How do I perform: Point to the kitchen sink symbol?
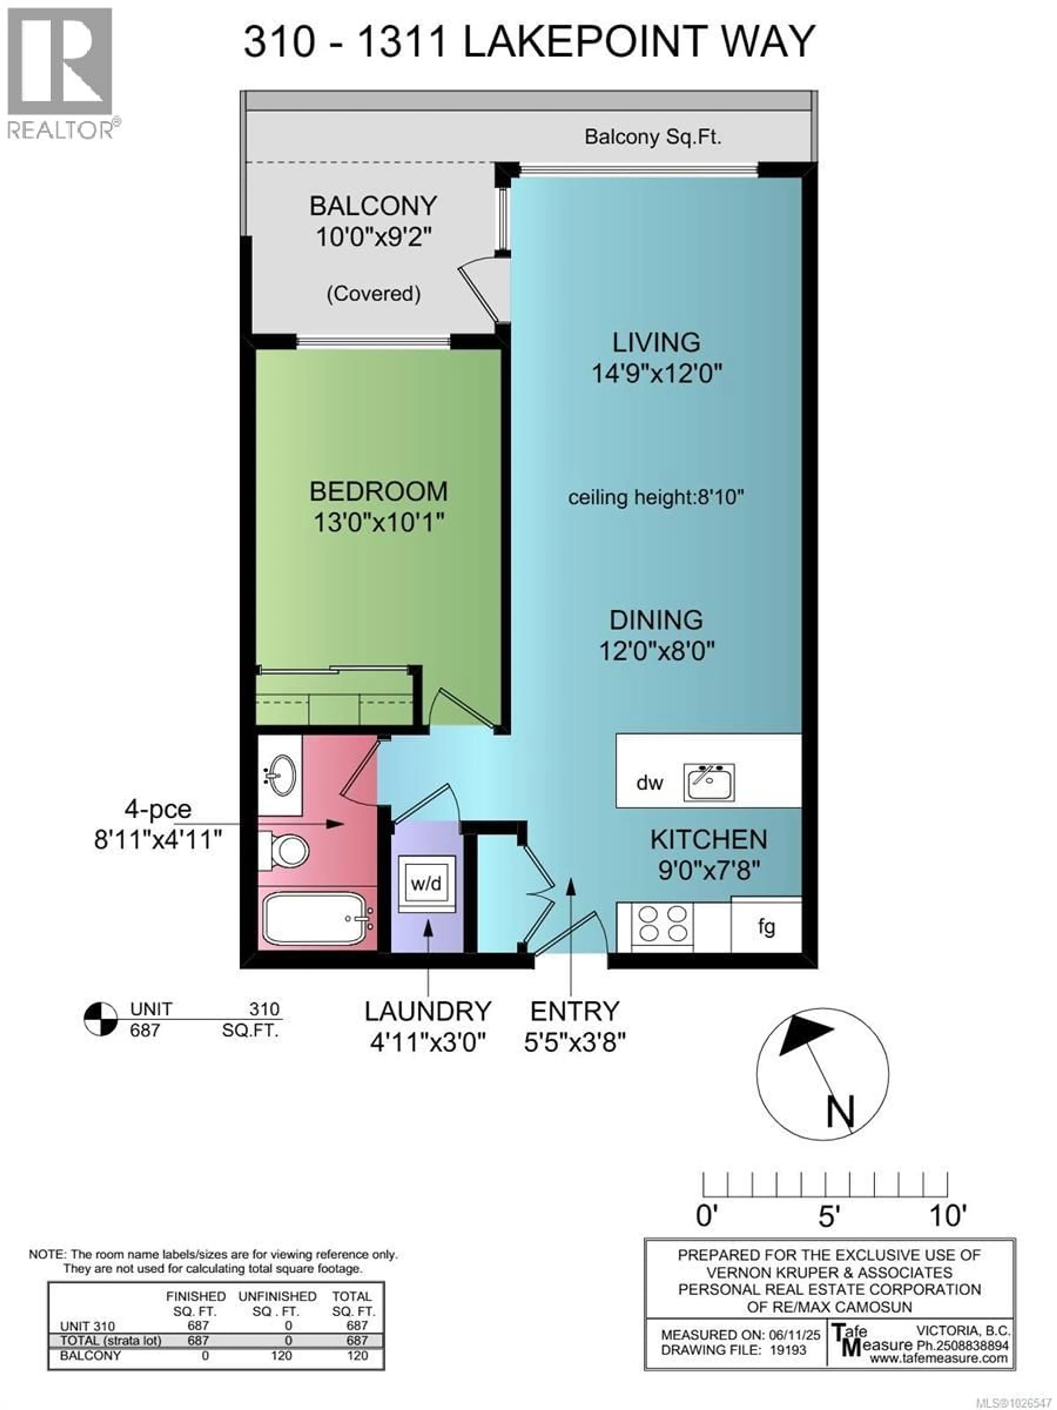709,782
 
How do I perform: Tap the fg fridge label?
767,926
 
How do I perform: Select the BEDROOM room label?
378,492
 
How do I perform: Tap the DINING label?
656,620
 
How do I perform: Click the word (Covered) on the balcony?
373,294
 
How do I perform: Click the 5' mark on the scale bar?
826,1216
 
